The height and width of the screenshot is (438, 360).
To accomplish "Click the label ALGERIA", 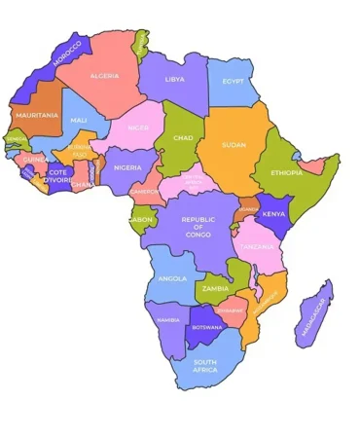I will pos(104,75).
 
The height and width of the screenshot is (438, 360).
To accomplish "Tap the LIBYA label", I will pos(174,79).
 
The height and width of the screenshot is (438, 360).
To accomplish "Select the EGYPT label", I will pos(233,81).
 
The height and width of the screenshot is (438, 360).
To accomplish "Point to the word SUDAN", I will pos(233,145).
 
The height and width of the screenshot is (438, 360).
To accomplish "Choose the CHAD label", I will pos(183,137).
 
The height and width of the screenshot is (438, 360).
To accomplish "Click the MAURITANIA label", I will pos(36,115).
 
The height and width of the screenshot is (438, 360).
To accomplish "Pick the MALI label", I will pos(79,120).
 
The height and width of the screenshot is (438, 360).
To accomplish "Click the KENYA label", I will pos(274,213).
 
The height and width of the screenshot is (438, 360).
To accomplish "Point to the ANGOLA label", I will pos(171,278).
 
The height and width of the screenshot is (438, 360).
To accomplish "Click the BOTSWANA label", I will pos(207,327).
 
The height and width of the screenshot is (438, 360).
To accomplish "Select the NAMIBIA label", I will pos(168,319).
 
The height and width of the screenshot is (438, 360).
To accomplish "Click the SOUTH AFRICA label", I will pos(205,366).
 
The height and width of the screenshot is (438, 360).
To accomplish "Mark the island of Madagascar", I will pos(313,316).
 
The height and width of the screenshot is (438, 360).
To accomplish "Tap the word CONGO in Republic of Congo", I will pos(198,236).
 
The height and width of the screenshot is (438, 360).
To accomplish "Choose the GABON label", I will pos(142,220).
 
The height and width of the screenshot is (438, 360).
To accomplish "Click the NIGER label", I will pos(138,127).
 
